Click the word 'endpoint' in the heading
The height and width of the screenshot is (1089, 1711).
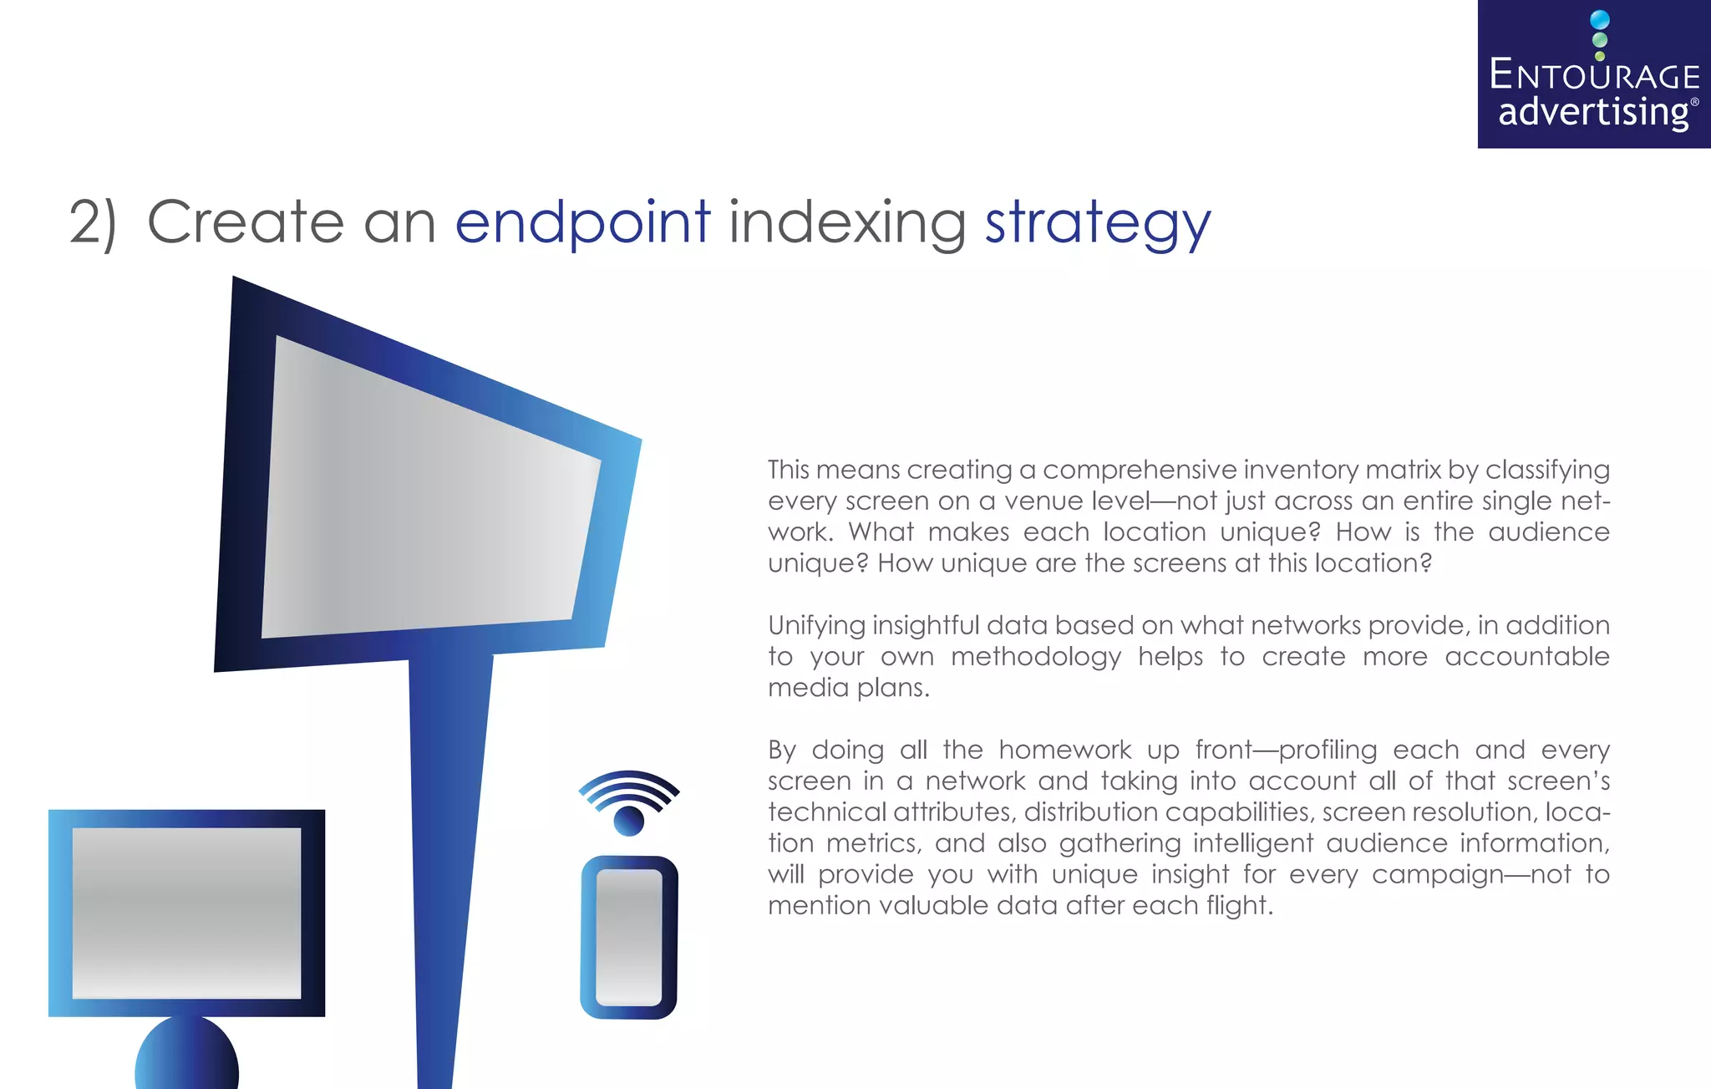pos(582,222)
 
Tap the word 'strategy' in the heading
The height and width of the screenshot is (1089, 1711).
pos(1097,224)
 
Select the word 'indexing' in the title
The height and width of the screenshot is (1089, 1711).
pos(847,222)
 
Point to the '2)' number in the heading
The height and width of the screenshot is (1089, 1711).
pos(92,222)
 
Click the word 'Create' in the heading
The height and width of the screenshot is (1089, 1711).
pos(245,222)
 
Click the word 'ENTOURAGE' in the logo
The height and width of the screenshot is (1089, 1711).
pos(1594,76)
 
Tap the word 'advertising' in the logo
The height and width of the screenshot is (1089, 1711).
pos(1593,112)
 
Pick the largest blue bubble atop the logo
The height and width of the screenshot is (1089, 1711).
pos(1600,20)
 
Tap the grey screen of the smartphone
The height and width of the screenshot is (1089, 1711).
pos(629,936)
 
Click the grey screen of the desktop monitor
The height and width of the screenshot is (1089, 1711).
pos(186,913)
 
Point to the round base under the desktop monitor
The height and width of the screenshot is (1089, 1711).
pos(186,1055)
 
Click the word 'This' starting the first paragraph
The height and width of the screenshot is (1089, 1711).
pos(789,470)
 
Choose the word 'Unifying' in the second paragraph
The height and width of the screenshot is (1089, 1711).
pos(815,626)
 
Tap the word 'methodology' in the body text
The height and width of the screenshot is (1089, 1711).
pos(1035,658)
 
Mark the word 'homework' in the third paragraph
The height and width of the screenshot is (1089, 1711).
pos(1064,750)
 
